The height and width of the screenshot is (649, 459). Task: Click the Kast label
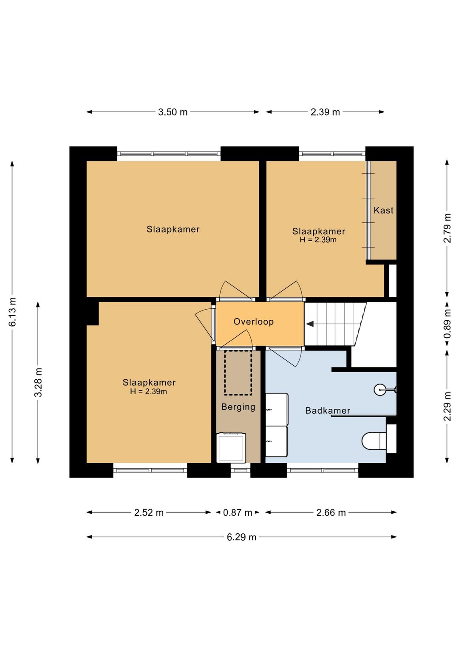[383, 210]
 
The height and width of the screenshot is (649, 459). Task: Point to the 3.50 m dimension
[173, 112]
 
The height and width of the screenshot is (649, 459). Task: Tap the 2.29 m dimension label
[448, 406]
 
